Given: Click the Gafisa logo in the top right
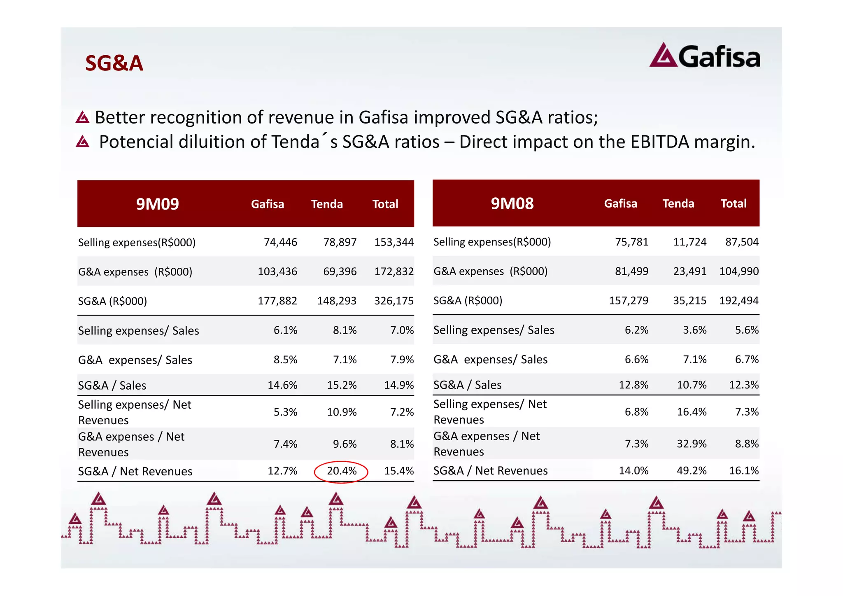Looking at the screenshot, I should tap(705, 56).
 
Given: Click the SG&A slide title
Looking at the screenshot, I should tap(114, 63).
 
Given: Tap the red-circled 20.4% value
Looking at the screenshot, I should tap(341, 471).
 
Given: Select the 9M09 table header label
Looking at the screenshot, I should tap(157, 204).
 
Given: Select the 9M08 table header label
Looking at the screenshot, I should tap(512, 203).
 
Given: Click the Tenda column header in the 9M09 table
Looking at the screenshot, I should tap(327, 204).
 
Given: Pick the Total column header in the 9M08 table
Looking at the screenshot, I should tap(733, 203).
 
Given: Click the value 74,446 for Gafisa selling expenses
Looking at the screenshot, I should tap(280, 242).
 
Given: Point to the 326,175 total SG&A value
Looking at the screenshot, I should tap(394, 301).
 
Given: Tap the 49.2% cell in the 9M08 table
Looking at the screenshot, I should tap(692, 470).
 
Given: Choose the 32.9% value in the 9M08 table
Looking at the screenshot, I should tap(692, 444).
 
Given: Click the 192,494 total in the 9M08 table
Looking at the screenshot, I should tap(738, 301).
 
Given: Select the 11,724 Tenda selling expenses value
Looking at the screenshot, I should tap(689, 242).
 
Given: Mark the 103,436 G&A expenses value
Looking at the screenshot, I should tap(277, 272).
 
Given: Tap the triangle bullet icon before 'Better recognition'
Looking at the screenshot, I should tap(82, 117).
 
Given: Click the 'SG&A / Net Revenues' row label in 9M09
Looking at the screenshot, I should tap(135, 471).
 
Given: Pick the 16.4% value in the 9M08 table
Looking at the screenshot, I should tap(692, 411).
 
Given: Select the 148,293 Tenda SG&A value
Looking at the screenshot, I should tap(337, 301).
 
